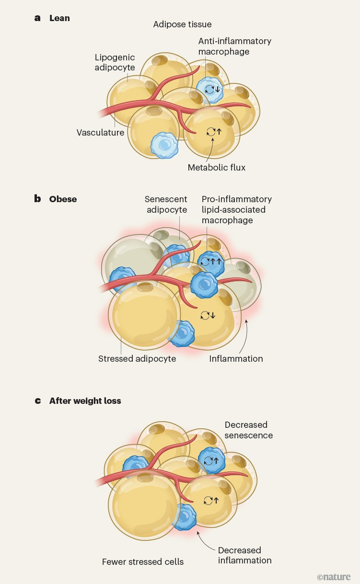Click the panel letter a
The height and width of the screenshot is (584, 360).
(x=37, y=18)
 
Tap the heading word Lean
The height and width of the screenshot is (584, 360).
(x=59, y=18)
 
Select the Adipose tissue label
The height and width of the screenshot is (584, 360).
(x=182, y=24)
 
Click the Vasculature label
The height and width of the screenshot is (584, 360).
(x=100, y=132)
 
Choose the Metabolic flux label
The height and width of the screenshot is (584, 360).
(x=217, y=167)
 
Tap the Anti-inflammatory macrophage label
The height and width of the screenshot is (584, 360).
(x=234, y=46)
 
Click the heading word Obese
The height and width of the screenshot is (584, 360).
(x=63, y=199)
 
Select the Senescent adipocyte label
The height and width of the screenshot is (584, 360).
(x=166, y=204)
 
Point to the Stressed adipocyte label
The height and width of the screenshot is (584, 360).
(x=137, y=358)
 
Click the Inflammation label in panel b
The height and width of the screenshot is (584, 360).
(x=236, y=358)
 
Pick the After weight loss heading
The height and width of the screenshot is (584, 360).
(x=85, y=401)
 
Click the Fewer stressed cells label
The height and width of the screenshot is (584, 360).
(x=143, y=561)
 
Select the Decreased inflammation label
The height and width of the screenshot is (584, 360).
(x=244, y=555)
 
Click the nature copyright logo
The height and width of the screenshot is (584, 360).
(x=334, y=577)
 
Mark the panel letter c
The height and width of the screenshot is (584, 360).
(x=37, y=401)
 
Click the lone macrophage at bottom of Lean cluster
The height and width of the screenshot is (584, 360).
(x=164, y=145)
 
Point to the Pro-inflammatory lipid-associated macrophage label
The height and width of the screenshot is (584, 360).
(x=236, y=209)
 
